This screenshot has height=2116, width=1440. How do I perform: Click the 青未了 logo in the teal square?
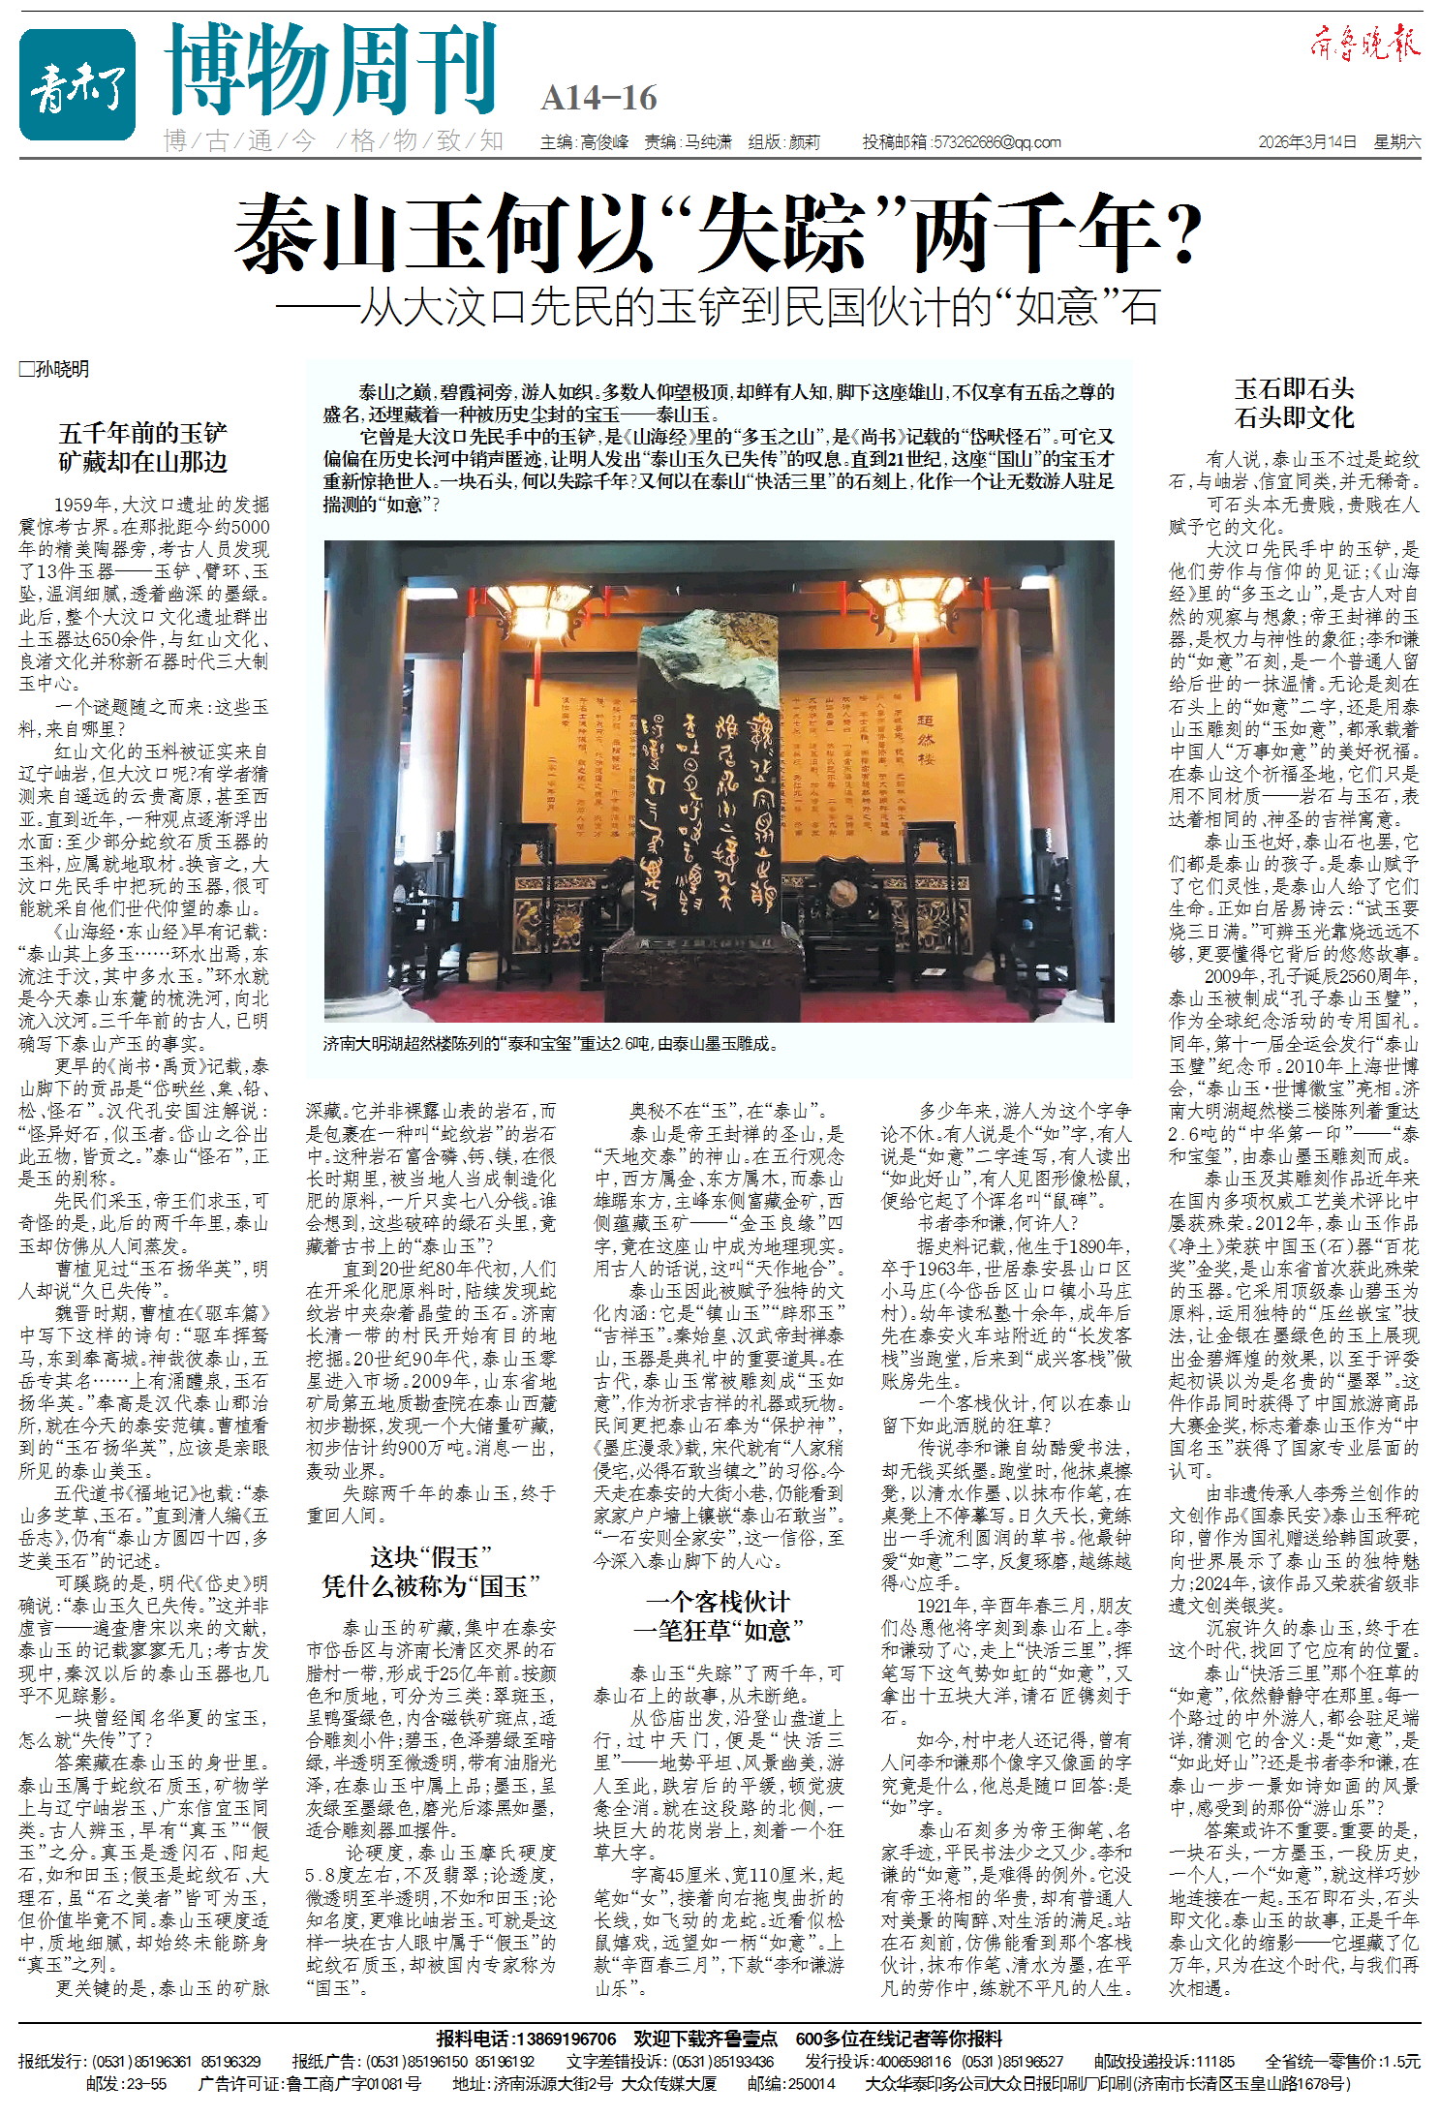pyautogui.click(x=77, y=84)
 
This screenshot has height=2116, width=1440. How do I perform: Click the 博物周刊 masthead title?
pyautogui.click(x=331, y=70)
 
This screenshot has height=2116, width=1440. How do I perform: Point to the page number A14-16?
pyautogui.click(x=598, y=98)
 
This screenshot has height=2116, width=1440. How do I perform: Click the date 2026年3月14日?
pyautogui.click(x=1307, y=142)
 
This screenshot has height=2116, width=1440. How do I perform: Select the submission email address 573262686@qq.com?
pyautogui.click(x=996, y=142)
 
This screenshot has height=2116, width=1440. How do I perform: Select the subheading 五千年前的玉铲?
pyautogui.click(x=142, y=433)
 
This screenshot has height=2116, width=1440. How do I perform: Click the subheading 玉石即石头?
pyautogui.click(x=1293, y=389)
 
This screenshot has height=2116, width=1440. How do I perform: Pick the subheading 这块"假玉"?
pyautogui.click(x=431, y=1557)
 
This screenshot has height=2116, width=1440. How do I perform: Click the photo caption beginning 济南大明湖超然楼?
pyautogui.click(x=550, y=1044)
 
